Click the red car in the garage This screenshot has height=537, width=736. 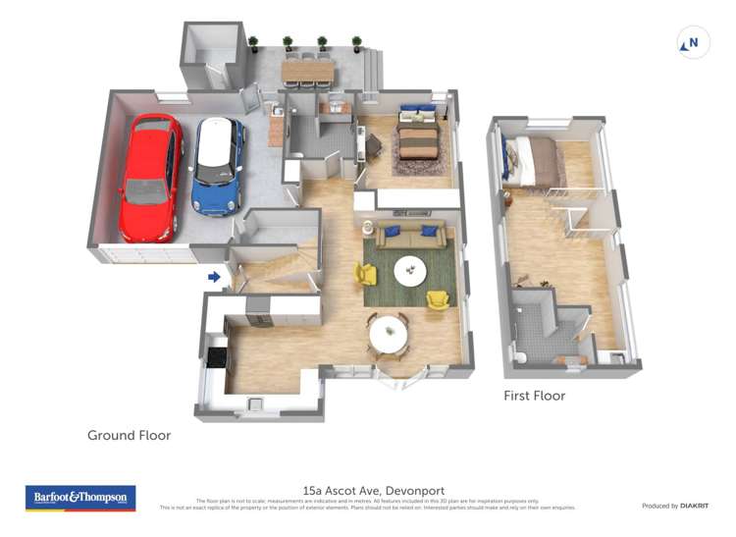[x=150, y=178]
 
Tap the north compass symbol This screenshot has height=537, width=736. [x=693, y=43]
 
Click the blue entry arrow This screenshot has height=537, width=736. [x=214, y=278]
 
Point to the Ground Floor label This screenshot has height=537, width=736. [x=129, y=435]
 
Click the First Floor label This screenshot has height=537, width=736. [x=534, y=396]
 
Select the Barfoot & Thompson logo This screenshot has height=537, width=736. [x=79, y=498]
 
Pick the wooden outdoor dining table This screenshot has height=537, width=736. [x=307, y=72]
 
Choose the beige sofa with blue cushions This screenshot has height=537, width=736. [x=411, y=234]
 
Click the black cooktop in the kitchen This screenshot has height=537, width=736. [x=216, y=356]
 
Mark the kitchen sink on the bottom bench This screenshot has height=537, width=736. [x=256, y=403]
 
